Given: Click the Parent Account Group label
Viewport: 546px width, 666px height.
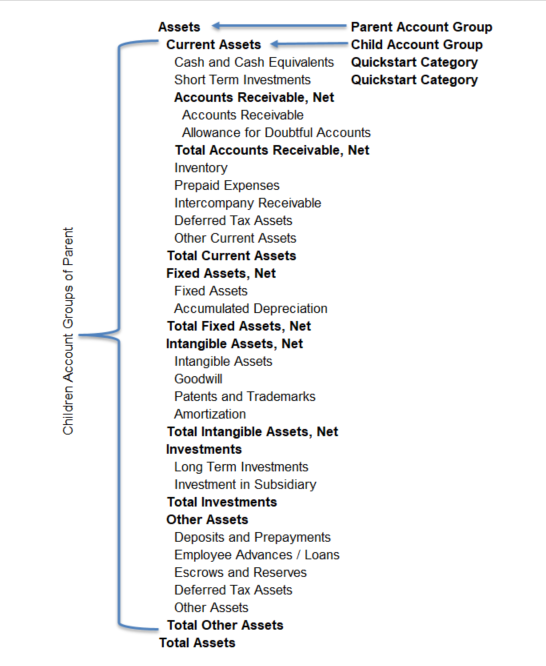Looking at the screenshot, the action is pos(421,27).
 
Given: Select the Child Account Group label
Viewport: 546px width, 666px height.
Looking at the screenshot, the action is pos(416,45).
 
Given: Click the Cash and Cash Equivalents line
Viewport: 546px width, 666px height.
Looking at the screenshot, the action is pos(254,62).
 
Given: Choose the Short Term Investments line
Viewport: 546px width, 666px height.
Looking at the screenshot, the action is pos(242,80).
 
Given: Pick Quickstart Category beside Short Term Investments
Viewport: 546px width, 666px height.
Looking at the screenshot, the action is pos(414,80).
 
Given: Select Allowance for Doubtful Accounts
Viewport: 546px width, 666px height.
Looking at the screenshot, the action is pos(276,132).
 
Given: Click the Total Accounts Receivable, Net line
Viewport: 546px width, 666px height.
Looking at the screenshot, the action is pos(272,150).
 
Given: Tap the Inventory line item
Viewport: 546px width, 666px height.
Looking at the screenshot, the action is pos(201,168).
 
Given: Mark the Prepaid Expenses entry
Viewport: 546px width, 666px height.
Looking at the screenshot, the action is pos(227,185).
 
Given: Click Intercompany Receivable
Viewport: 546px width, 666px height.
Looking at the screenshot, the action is pos(248,203).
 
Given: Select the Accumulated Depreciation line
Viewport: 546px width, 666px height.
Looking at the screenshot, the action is pos(250,308).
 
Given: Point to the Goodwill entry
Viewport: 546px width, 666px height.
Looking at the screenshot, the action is pos(198,379).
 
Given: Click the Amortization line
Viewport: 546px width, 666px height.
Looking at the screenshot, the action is pos(210,414).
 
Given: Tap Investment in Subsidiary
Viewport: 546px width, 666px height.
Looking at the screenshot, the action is pos(245,484).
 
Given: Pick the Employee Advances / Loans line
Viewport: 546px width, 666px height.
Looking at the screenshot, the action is pos(256,555).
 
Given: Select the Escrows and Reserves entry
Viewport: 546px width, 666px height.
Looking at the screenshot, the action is pos(240,572).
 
